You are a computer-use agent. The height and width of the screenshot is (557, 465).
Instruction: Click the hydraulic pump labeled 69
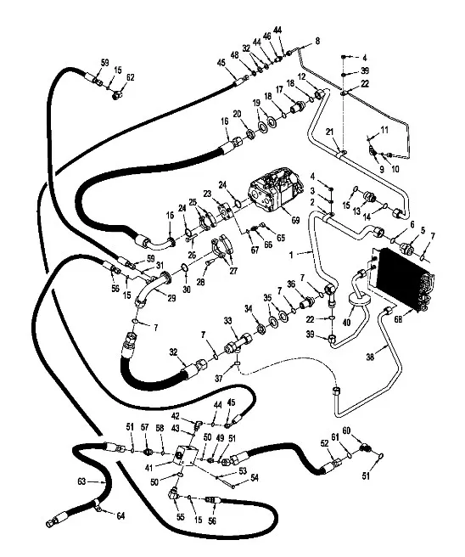271,196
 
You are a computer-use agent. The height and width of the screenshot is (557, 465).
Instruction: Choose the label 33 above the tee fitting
227,320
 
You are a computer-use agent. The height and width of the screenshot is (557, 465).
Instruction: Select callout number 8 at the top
317,41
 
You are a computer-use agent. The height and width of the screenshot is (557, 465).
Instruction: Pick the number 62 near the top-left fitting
130,77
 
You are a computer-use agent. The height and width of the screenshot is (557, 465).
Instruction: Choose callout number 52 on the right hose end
324,442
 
